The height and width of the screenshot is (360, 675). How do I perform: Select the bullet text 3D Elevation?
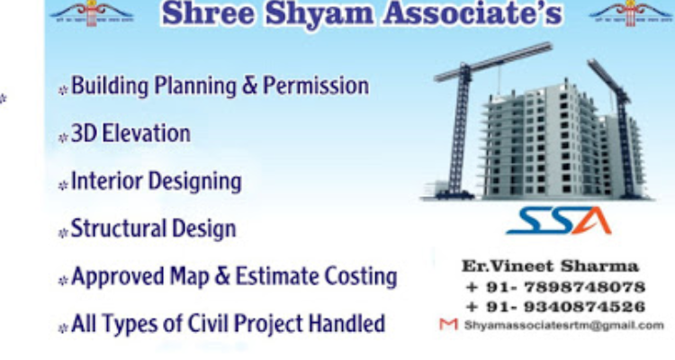pos(130,134)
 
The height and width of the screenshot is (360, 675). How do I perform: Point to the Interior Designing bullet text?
pos(156,182)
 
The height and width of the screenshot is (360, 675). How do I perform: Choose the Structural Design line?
pos(153,229)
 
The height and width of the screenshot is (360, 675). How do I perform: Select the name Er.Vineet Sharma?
pos(550,267)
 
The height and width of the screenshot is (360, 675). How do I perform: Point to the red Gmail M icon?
pos(444,325)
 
